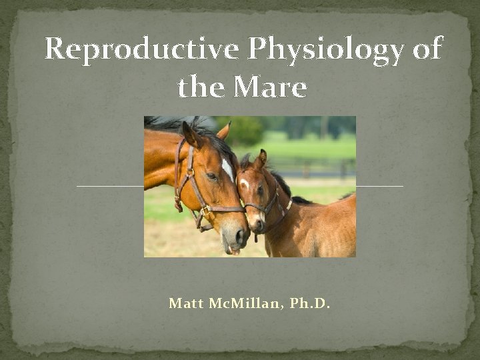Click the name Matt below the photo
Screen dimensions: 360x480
coord(187,304)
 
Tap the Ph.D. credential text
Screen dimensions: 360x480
coord(311,304)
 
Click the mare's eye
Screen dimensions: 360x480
coord(211,175)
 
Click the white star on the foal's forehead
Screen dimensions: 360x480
coord(244,183)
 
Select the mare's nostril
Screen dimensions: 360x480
coord(239,235)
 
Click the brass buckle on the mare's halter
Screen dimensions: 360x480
coord(205,211)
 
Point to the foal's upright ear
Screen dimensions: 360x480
coord(262,159)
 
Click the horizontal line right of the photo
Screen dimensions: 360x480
coord(379,185)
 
